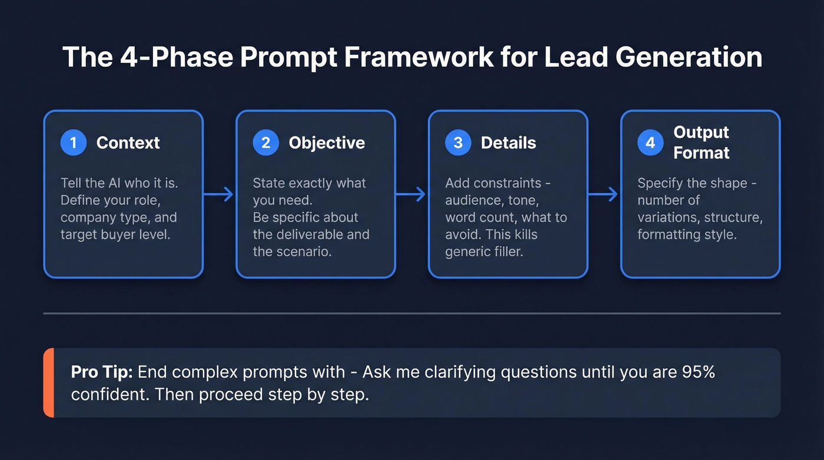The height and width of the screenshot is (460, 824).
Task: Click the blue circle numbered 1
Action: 74,143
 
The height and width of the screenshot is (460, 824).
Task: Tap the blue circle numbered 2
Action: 266,143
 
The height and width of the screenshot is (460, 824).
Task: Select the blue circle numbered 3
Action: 458,143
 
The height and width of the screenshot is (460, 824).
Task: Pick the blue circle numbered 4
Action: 650,143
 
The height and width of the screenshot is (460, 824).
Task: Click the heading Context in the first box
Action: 128,143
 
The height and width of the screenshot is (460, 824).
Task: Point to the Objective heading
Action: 327,143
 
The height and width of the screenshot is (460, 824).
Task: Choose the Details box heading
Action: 509,143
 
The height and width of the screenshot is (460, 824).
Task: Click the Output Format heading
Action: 701,143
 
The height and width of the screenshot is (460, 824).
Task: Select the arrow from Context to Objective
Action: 219,194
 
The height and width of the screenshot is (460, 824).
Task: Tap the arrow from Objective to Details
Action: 411,194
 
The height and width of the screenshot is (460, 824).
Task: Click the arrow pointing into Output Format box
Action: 604,194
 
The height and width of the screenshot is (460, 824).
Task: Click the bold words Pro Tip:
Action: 103,372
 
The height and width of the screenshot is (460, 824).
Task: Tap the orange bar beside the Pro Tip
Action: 48,383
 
